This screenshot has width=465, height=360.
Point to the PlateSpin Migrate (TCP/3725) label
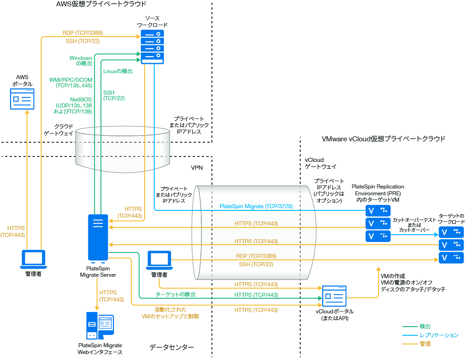tap(256, 206)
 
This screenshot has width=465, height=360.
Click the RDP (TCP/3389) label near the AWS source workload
tap(82, 33)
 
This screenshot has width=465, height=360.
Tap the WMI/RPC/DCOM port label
tap(70, 82)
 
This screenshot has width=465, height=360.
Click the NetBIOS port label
tap(74, 105)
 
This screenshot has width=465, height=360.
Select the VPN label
tap(197, 168)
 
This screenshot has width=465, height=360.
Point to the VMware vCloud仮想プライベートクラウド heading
tap(384, 139)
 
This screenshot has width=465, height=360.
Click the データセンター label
tap(172, 348)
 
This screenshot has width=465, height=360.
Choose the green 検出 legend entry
tap(425, 326)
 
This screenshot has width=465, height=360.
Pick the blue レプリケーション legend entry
tap(439, 335)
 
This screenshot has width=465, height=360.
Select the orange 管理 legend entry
tap(425, 344)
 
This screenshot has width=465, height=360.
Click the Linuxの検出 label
tap(118, 71)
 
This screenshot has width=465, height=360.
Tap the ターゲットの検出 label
tap(176, 294)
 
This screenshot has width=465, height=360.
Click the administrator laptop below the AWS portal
tap(33, 259)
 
